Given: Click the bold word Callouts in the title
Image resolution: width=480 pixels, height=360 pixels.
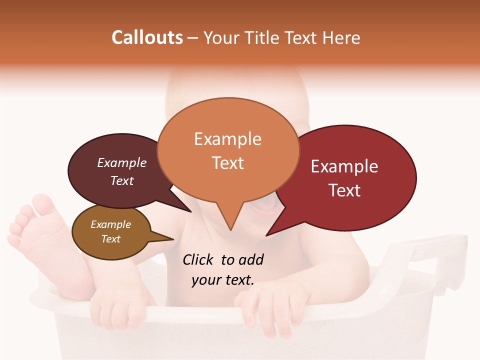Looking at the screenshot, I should click(147, 37).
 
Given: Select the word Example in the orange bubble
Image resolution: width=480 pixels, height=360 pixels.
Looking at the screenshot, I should click(227, 139).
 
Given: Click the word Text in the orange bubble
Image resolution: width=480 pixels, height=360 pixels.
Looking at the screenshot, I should click(227, 163).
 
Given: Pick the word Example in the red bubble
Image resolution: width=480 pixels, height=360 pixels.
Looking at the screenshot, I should click(344, 166).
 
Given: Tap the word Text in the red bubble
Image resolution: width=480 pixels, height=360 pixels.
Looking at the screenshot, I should click(344, 190).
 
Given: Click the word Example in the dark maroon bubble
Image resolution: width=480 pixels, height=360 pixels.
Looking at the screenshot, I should click(122, 162).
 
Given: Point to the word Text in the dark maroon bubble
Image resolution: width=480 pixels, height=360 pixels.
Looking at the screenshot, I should click(122, 180).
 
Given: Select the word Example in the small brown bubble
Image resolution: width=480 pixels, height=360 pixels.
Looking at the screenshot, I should click(110, 224).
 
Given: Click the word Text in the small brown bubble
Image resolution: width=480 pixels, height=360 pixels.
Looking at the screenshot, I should click(110, 239).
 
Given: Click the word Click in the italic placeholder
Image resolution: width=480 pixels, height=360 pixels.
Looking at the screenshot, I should click(198, 259).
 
